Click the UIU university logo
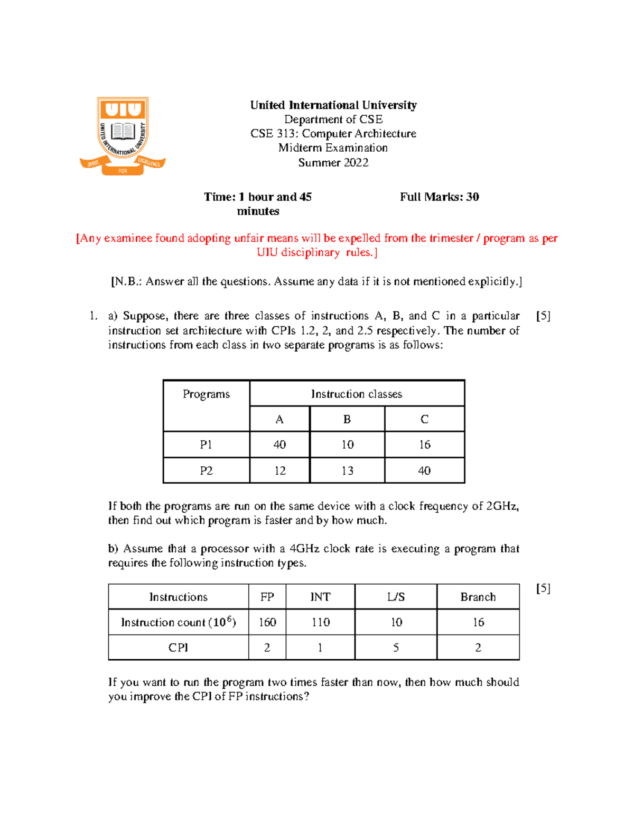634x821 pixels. pyautogui.click(x=123, y=135)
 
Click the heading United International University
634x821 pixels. pyautogui.click(x=333, y=105)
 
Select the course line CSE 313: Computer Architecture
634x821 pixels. pyautogui.click(x=333, y=134)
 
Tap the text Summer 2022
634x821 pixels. pyautogui.click(x=333, y=163)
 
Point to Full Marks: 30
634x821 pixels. pyautogui.click(x=439, y=197)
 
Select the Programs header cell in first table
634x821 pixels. pyautogui.click(x=206, y=394)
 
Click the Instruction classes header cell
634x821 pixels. pyautogui.click(x=357, y=394)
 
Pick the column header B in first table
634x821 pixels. pyautogui.click(x=347, y=420)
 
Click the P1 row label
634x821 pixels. pyautogui.click(x=206, y=445)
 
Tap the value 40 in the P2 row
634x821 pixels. pyautogui.click(x=424, y=471)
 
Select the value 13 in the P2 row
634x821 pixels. pyautogui.click(x=347, y=471)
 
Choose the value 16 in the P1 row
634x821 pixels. pyautogui.click(x=425, y=445)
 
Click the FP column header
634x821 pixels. pyautogui.click(x=267, y=597)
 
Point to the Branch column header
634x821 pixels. pyautogui.click(x=478, y=597)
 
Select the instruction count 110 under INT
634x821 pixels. pyautogui.click(x=321, y=623)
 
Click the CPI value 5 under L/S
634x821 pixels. pyautogui.click(x=396, y=648)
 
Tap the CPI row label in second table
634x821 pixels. pyautogui.click(x=178, y=648)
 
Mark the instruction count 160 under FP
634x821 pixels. pyautogui.click(x=267, y=623)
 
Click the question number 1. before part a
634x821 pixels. pyautogui.click(x=94, y=316)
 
